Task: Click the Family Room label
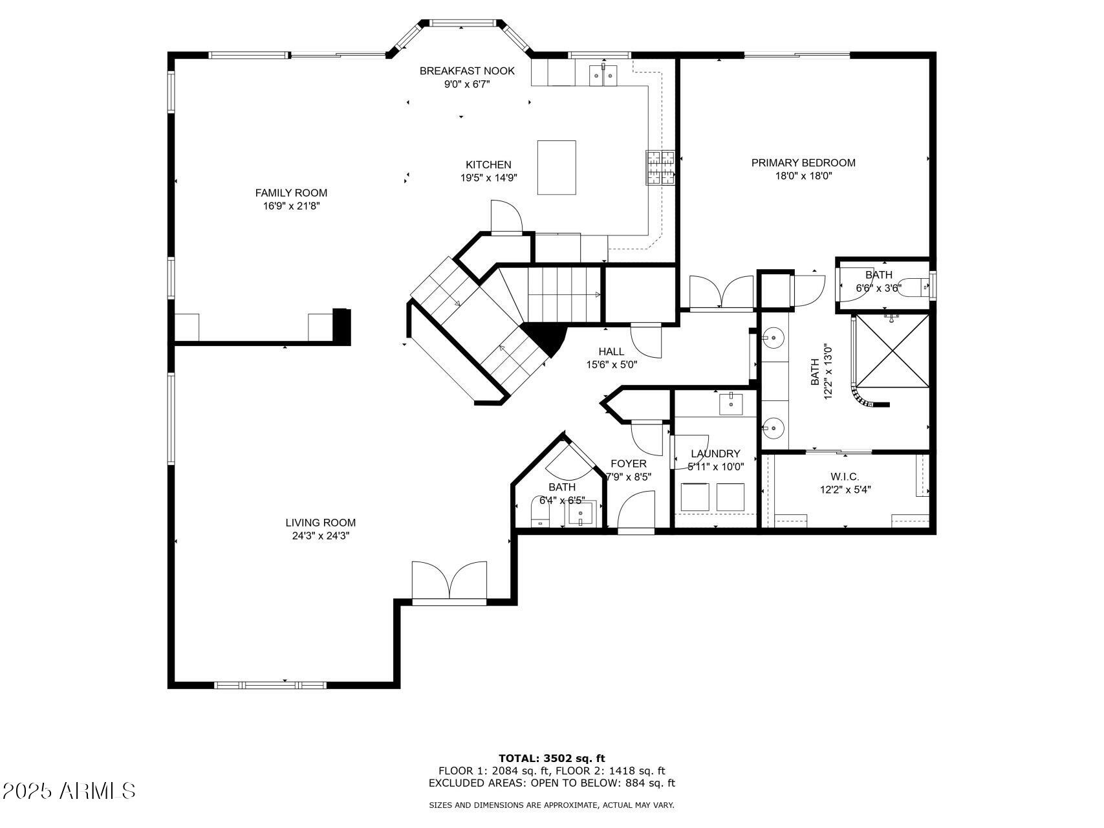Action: [x=291, y=193]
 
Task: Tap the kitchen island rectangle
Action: [x=556, y=168]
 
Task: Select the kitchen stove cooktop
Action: [x=660, y=168]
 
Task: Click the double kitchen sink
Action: [x=603, y=75]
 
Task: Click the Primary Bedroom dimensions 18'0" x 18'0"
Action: [x=803, y=176]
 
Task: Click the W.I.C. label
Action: [x=845, y=477]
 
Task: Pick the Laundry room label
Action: [x=715, y=454]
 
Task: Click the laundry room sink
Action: [x=731, y=404]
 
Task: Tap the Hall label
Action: [x=611, y=352]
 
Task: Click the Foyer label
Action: [x=628, y=464]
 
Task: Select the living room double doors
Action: [x=449, y=582]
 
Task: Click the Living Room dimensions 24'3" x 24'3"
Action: [x=321, y=536]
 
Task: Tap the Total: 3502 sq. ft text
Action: [x=552, y=758]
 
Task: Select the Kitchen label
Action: [x=488, y=165]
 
